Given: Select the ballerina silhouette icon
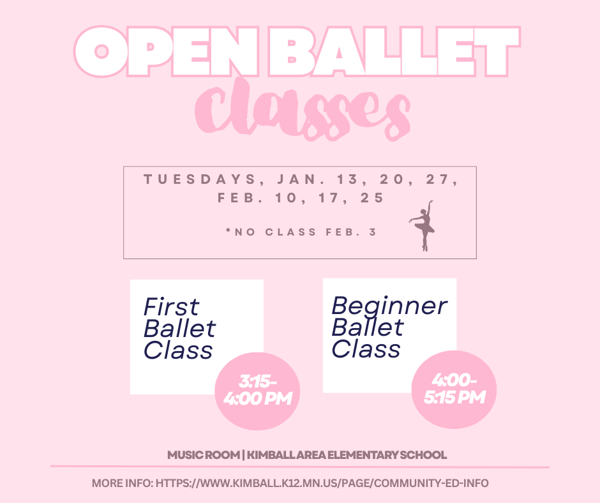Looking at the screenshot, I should click(x=423, y=226).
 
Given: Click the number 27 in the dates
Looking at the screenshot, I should click(x=440, y=180).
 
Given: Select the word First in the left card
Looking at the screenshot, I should click(x=171, y=307).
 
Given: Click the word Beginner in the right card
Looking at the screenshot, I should click(x=389, y=305).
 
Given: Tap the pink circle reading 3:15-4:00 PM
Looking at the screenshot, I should click(x=257, y=391).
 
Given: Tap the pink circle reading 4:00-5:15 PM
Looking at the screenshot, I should click(x=455, y=389).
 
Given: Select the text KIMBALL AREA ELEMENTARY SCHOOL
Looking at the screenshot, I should click(x=347, y=455).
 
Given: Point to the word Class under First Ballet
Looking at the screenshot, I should click(x=178, y=350).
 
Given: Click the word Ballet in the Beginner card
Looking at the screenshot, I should click(x=368, y=327).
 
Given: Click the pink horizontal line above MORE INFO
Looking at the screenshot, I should click(x=300, y=467).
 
